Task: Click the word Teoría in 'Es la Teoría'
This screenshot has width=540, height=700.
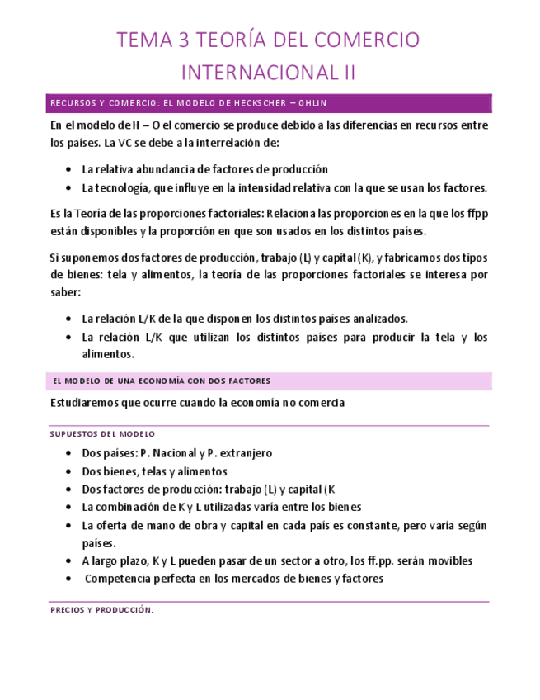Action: (86, 212)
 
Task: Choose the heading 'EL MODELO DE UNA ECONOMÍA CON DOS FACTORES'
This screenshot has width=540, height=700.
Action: (161, 381)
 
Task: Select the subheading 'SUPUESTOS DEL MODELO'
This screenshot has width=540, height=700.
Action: (102, 433)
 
